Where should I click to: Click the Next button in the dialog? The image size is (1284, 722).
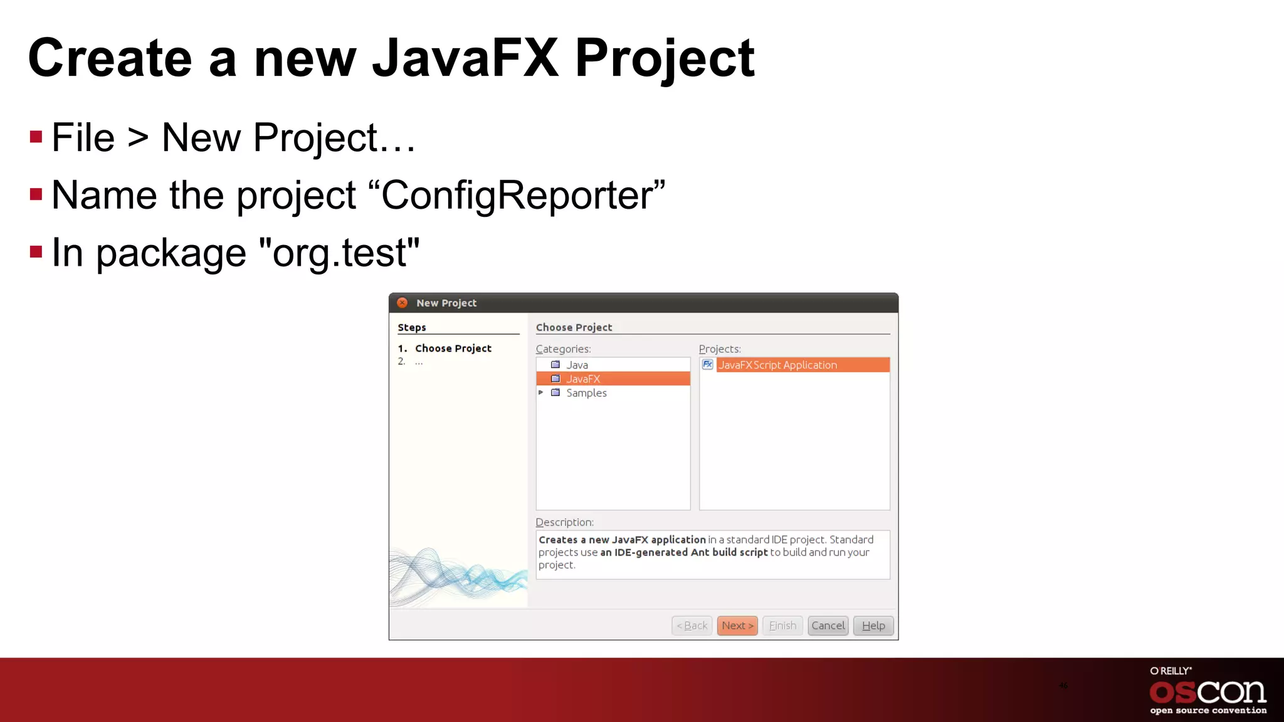[x=737, y=625]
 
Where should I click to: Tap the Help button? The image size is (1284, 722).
[x=873, y=625]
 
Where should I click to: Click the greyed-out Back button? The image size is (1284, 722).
[x=692, y=625]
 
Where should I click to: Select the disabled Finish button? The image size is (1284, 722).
[x=782, y=625]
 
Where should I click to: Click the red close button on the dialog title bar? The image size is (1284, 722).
[x=403, y=303]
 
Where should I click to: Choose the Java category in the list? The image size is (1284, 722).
[x=577, y=365]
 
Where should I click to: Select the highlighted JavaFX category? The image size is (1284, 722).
[x=583, y=379]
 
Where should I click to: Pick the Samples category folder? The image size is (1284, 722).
[x=586, y=393]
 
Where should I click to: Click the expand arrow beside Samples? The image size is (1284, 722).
[x=541, y=392]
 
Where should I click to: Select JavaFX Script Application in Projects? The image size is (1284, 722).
[x=777, y=365]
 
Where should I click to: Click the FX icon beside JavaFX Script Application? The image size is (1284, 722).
[x=707, y=364]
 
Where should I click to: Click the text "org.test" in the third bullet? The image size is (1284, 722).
[x=339, y=253]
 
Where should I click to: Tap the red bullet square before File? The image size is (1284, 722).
[x=36, y=137]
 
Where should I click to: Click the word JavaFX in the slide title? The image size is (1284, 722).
[x=465, y=58]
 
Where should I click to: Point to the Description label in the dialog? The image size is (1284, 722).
[x=564, y=522]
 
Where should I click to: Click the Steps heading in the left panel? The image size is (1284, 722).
[x=412, y=327]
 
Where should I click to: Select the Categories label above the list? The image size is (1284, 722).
[x=563, y=349]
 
